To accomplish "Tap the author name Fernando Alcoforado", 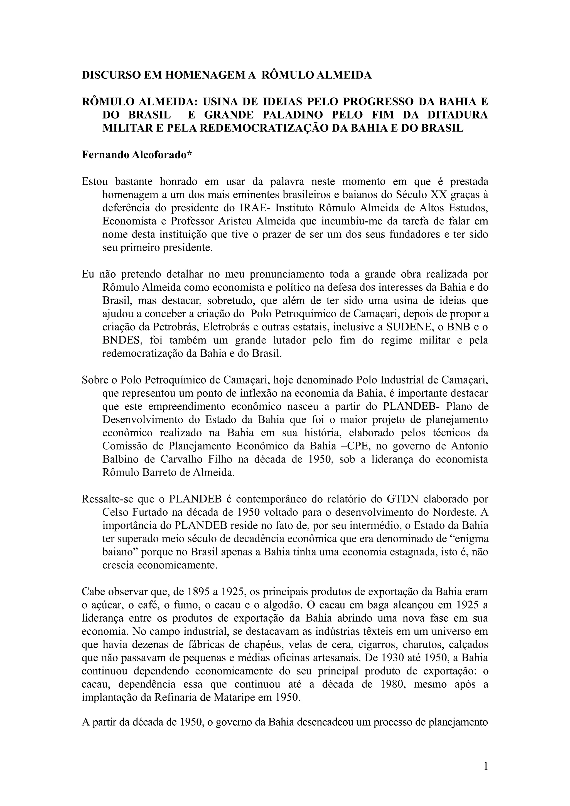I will pyautogui.click(x=137, y=155).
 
